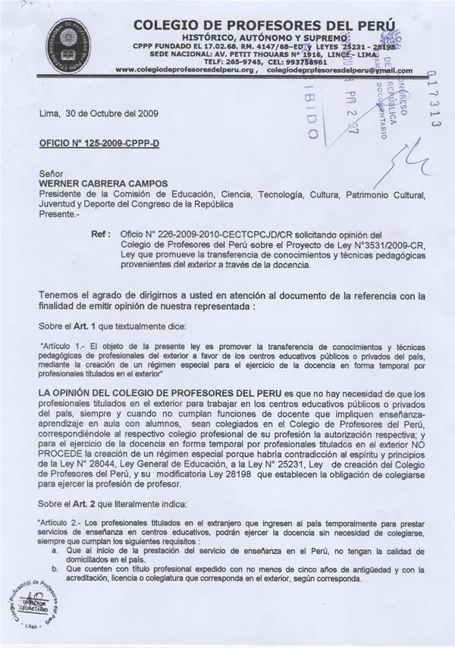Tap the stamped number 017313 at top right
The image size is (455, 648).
[434, 99]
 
